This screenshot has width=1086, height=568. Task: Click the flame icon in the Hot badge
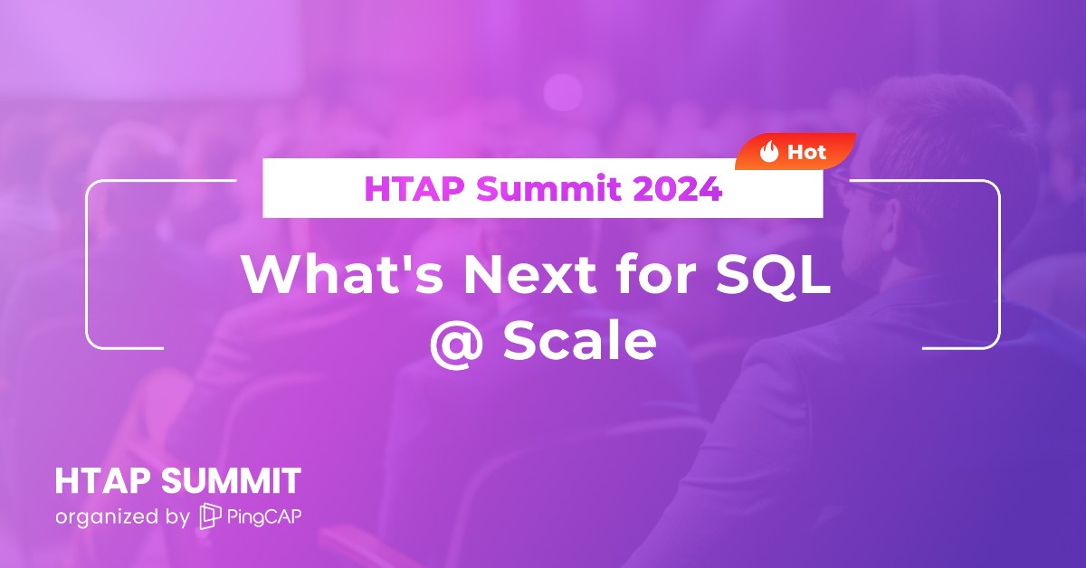pyautogui.click(x=769, y=152)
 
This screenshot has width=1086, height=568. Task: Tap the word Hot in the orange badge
pyautogui.click(x=806, y=152)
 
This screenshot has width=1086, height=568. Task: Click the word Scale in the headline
pyautogui.click(x=579, y=342)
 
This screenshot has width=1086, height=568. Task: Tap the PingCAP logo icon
pyautogui.click(x=209, y=516)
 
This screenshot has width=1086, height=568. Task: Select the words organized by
pyautogui.click(x=121, y=517)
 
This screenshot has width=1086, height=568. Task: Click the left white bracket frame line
pyautogui.click(x=87, y=262)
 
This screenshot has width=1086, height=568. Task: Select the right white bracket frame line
pyautogui.click(x=999, y=262)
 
